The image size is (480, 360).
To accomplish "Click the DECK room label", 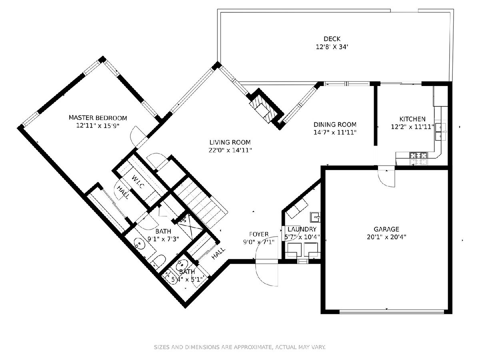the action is (332, 39).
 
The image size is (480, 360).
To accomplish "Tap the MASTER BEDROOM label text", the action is (98, 118).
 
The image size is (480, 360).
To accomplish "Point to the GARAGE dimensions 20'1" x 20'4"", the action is (386, 237).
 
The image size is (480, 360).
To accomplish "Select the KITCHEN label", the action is (412, 119).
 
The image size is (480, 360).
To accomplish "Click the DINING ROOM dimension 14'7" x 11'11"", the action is (335, 132).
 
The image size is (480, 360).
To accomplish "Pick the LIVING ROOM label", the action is (230, 142).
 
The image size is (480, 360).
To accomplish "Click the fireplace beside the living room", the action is (265, 108).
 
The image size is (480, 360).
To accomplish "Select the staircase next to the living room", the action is (201, 203).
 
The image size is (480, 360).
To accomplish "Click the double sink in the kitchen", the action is (440, 132).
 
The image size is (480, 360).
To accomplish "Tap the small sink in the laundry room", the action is (315, 217).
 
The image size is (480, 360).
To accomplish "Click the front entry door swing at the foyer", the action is (266, 272).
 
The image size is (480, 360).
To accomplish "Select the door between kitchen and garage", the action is (387, 176).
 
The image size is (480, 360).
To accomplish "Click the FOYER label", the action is (259, 234).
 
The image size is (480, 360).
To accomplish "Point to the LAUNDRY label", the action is (302, 229).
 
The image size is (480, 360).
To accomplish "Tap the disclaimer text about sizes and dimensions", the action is (240, 347).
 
